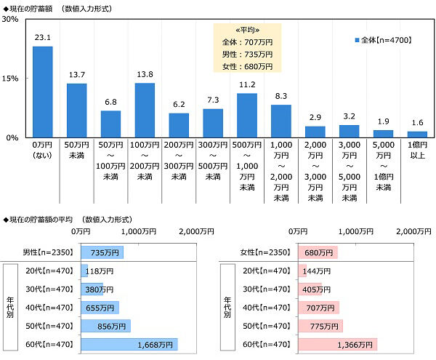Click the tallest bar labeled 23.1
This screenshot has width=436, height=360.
(x=43, y=92)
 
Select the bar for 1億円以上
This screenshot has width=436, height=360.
(x=417, y=135)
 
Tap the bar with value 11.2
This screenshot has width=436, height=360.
(x=247, y=116)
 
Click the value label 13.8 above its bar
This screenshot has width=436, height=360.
(x=145, y=74)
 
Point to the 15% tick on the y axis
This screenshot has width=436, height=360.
(x=10, y=79)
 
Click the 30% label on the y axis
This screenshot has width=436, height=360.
(x=10, y=19)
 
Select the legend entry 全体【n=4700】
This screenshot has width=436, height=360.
(x=383, y=40)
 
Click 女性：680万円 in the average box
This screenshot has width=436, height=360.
(x=247, y=66)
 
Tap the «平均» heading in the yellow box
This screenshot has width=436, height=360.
(x=247, y=30)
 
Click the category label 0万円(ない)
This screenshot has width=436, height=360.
(x=42, y=150)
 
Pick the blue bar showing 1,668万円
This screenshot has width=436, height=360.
(x=129, y=345)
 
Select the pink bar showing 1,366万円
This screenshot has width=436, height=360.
(x=338, y=345)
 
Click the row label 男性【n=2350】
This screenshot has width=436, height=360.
(x=48, y=252)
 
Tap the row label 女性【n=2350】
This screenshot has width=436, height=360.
(x=265, y=252)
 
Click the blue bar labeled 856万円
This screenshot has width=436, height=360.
(x=106, y=326)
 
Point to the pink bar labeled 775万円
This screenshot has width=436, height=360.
(x=320, y=326)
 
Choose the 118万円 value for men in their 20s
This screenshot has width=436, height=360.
(x=100, y=271)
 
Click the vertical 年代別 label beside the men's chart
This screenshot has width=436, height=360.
(x=10, y=307)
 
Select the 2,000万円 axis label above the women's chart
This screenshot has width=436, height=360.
(x=413, y=231)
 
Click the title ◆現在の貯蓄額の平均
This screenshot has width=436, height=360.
(x=38, y=220)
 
